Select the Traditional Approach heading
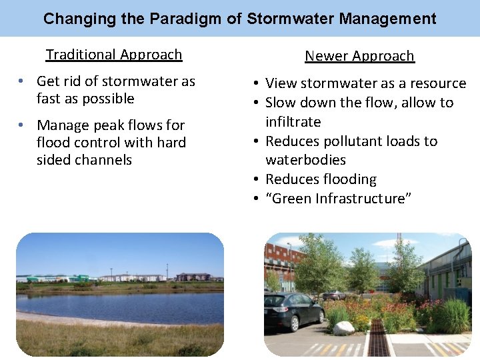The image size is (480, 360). click(113, 55)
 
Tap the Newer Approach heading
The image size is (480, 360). click(359, 56)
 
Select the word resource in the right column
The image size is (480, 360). click(439, 83)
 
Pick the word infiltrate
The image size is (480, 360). click(293, 122)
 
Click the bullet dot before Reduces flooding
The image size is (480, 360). click(256, 179)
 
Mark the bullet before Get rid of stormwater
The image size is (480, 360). click(22, 81)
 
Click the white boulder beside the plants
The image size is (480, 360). click(344, 327)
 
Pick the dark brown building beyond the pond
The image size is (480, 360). click(193, 277)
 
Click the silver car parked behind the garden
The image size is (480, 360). click(333, 295)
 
